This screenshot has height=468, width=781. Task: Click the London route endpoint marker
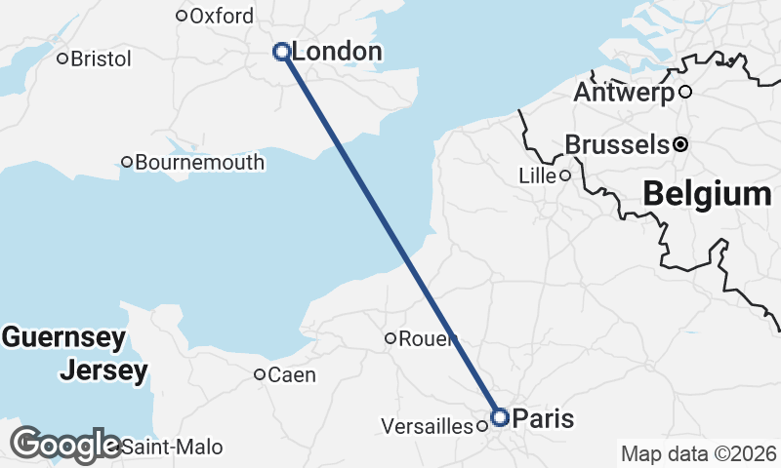click(x=282, y=52)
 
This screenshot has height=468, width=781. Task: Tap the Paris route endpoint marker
click(x=500, y=417)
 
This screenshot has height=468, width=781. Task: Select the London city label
click(x=337, y=52)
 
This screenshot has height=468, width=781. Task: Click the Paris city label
click(x=543, y=418)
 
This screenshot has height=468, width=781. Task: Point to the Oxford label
click(x=222, y=16)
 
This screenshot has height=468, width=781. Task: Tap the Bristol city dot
click(x=62, y=58)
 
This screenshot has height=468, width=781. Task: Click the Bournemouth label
click(x=199, y=162)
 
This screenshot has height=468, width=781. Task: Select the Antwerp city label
click(x=624, y=93)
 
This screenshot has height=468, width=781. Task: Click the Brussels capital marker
click(x=680, y=144)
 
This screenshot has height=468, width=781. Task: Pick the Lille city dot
click(x=564, y=175)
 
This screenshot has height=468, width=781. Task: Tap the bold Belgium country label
click(x=707, y=193)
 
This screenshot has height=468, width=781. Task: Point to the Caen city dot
click(x=260, y=374)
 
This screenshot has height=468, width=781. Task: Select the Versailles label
click(x=427, y=426)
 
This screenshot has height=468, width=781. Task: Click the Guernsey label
click(x=63, y=338)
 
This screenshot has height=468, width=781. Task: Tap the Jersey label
click(x=103, y=370)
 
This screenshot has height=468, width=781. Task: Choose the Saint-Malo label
click(x=173, y=448)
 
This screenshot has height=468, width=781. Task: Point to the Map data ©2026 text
click(x=699, y=453)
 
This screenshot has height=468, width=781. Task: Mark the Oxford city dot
click(x=181, y=16)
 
